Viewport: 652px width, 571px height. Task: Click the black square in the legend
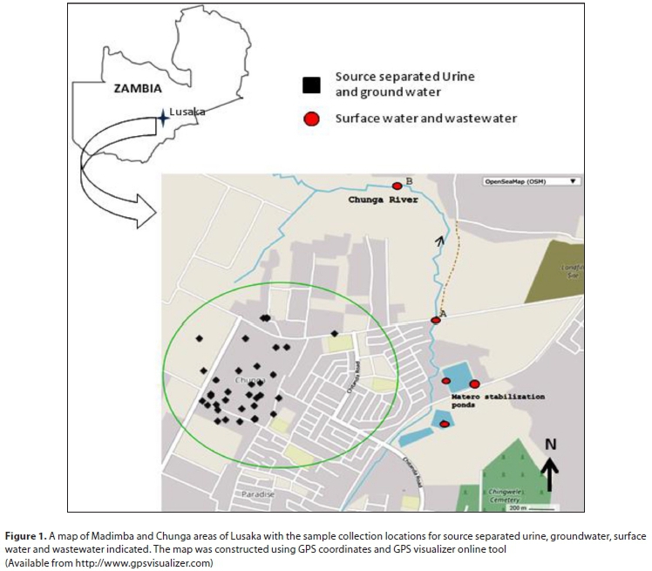pyautogui.click(x=311, y=85)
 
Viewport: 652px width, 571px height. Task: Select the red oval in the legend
pyautogui.click(x=311, y=119)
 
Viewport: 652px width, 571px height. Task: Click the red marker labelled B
pyautogui.click(x=397, y=185)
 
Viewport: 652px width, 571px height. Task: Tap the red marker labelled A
pyautogui.click(x=436, y=320)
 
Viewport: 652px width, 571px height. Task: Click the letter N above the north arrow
pyautogui.click(x=550, y=444)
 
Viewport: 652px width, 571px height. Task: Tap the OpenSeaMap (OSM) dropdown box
pyautogui.click(x=531, y=181)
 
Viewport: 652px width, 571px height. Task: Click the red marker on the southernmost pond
pyautogui.click(x=445, y=424)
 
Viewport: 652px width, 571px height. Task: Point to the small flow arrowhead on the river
pyautogui.click(x=439, y=241)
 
